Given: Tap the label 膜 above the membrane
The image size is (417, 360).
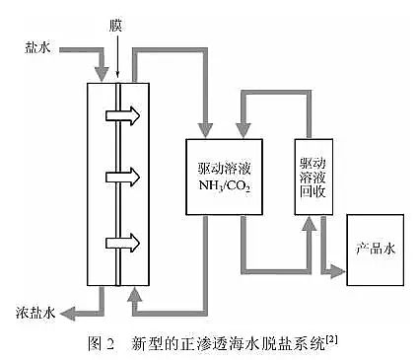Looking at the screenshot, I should (x=116, y=22).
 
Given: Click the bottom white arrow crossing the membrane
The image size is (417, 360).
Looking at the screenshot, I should (x=126, y=243).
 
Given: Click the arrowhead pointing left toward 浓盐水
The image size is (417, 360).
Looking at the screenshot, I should (x=68, y=313).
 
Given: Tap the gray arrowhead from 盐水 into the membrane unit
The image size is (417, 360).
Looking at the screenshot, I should (x=103, y=71).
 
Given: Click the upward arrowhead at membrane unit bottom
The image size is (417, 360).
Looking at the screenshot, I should (x=134, y=293).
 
